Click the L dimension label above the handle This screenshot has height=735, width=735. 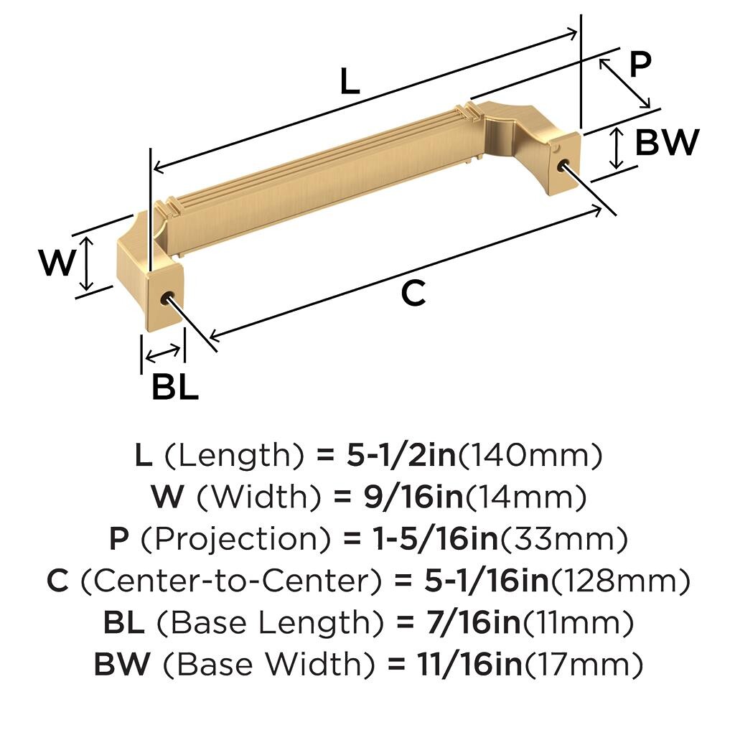[x=350, y=80]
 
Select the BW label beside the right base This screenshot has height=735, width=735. [x=667, y=142]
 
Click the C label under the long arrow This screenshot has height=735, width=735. [x=413, y=293]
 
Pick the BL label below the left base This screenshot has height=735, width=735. [x=175, y=386]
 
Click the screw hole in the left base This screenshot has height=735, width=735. [x=167, y=299]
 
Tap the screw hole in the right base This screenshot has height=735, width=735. [x=566, y=166]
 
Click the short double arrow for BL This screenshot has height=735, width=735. [x=163, y=353]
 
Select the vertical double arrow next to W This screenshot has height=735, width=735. [x=87, y=263]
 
